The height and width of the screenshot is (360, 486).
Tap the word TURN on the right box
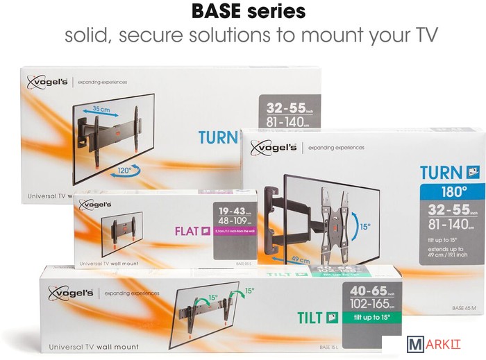point(441,172)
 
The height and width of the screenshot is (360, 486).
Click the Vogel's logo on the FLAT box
point(95,204)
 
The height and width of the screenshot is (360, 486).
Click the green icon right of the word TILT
point(332,318)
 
